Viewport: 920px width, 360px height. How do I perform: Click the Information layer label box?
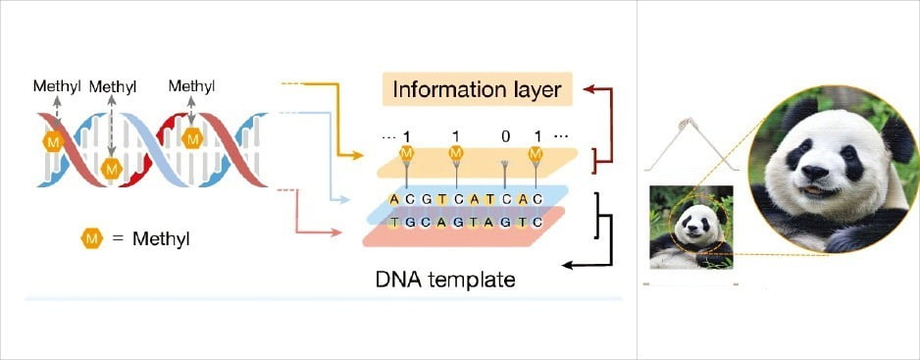tap(477, 89)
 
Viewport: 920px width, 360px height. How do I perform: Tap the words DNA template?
tap(445, 280)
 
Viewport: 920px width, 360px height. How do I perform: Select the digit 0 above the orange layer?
tap(505, 136)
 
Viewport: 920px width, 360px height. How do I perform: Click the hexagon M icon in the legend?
tap(91, 238)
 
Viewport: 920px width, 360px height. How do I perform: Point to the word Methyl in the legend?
tap(161, 239)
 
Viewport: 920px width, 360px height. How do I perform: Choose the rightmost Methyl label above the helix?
tap(191, 85)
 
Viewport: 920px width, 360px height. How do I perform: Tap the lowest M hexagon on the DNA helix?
tap(112, 169)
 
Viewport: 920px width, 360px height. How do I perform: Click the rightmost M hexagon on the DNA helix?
tap(192, 138)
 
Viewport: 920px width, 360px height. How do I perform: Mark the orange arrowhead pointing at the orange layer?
tap(357, 156)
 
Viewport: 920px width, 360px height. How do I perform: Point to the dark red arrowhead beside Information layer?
tap(589, 88)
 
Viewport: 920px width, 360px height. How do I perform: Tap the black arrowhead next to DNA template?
tap(568, 266)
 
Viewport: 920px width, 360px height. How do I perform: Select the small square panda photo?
tap(691, 228)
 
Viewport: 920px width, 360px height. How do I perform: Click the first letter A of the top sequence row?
tap(394, 199)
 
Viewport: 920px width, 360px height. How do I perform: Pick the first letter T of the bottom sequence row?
tap(394, 223)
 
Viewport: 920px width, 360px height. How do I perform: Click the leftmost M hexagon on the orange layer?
tap(406, 153)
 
